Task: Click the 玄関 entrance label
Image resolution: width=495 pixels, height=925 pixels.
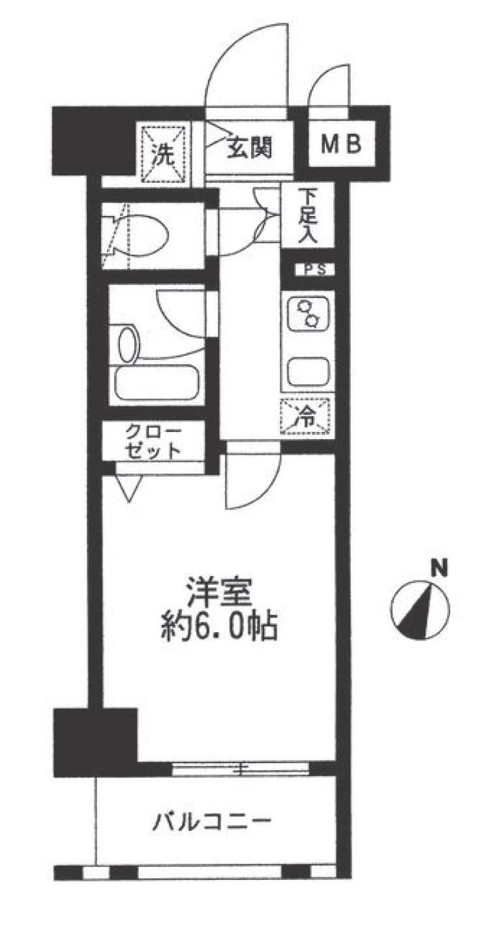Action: pos(250,148)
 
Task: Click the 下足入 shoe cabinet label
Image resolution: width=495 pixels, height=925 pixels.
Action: pos(308,215)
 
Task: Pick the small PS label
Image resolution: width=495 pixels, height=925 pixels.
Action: pos(316,269)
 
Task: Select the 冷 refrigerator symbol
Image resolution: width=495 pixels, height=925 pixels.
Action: pos(305,417)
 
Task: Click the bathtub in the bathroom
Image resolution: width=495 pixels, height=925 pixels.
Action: pos(157,383)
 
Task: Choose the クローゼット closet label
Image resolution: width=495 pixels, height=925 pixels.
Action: pos(153,441)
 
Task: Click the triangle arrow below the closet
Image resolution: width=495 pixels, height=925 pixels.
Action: pos(129,488)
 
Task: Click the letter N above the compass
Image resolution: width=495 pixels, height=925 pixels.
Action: pos(440,569)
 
